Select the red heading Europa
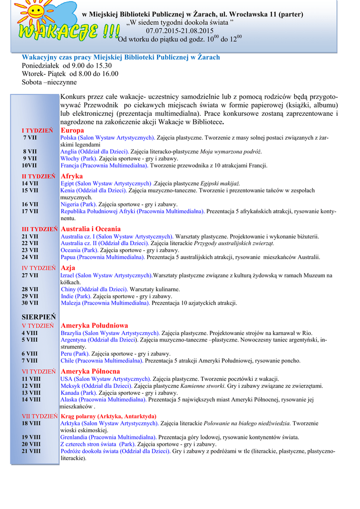(x=72, y=130)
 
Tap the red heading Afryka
(x=72, y=176)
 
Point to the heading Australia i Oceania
(x=90, y=229)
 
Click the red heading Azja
(x=68, y=268)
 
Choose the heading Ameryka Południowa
(x=94, y=325)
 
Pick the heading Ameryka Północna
(x=90, y=371)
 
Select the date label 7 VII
(x=30, y=137)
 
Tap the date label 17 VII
(x=30, y=211)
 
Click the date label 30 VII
(x=30, y=303)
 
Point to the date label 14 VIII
(x=31, y=399)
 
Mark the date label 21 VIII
(x=31, y=451)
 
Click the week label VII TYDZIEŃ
(x=40, y=416)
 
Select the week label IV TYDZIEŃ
(x=39, y=268)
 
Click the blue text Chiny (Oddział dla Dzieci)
(x=94, y=289)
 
